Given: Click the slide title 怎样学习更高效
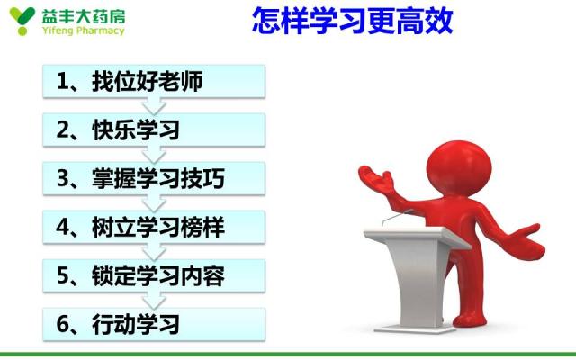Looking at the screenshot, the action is point(353,21).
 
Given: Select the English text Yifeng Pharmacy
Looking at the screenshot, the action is point(84,31).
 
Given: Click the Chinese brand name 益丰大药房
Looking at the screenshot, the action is point(84,16).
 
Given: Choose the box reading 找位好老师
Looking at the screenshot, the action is point(154,81).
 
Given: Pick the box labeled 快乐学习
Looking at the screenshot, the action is point(154,130).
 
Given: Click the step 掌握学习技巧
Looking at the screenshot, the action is point(154,178).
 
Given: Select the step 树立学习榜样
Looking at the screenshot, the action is point(154,228).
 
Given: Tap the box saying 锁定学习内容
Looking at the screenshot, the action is point(154,276).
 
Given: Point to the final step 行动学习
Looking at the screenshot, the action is point(154,325).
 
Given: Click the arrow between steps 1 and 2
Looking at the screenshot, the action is point(154,106).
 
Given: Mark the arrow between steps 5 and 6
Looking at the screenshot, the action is point(154,301).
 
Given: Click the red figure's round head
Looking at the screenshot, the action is point(459,168).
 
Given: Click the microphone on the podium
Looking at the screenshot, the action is point(396,218).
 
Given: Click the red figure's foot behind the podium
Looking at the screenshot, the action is point(470,319).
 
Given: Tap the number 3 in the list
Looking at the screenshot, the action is point(63,179).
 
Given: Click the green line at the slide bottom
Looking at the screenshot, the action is point(288,355).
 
